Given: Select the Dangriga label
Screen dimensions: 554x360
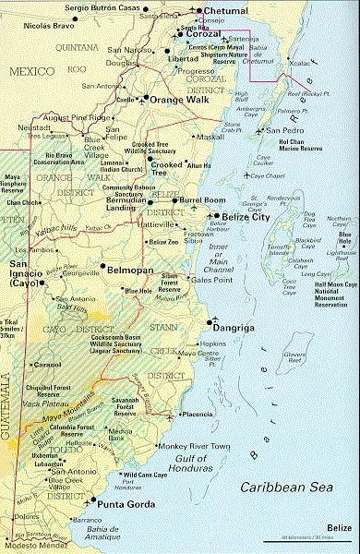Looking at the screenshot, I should (238, 326).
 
